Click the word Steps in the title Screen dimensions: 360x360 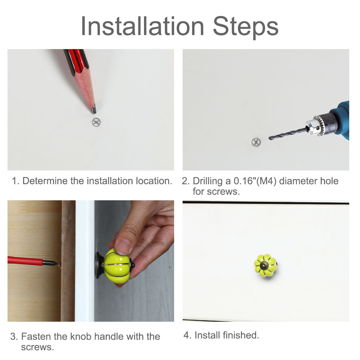click(x=246, y=27)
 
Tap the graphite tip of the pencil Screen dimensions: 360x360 click(x=94, y=109)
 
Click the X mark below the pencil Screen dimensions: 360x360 click(x=96, y=122)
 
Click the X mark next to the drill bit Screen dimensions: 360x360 click(x=256, y=142)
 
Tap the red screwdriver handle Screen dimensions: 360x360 click(x=25, y=261)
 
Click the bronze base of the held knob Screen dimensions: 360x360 click(x=99, y=265)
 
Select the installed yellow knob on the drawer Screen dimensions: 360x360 click(x=265, y=265)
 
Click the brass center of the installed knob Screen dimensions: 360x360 click(x=264, y=265)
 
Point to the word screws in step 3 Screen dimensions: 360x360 click(x=37, y=347)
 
